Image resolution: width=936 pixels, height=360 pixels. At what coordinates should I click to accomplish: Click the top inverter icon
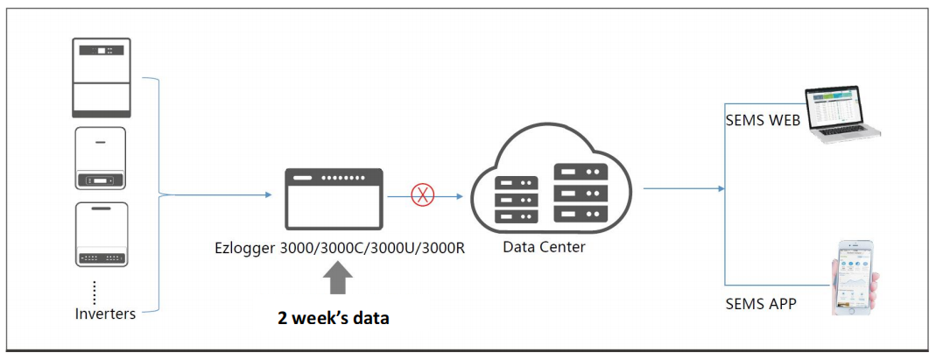pyautogui.click(x=101, y=77)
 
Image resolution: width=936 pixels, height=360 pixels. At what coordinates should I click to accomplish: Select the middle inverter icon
pyautogui.click(x=100, y=159)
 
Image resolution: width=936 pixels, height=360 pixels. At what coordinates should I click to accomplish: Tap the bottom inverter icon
pyautogui.click(x=102, y=234)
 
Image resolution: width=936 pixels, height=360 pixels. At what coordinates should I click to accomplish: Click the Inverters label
pyautogui.click(x=104, y=314)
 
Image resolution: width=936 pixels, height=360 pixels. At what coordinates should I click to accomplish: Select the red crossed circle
pyautogui.click(x=423, y=195)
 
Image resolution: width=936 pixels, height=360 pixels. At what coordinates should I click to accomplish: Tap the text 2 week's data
pyautogui.click(x=334, y=319)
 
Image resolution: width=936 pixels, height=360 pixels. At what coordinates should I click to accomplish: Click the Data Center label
pyautogui.click(x=544, y=247)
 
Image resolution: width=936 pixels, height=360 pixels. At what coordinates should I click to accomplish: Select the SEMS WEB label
pyautogui.click(x=763, y=122)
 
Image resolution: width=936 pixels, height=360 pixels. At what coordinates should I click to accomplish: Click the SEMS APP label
pyautogui.click(x=761, y=304)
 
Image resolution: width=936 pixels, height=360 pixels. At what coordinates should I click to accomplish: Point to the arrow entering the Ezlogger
pyautogui.click(x=266, y=194)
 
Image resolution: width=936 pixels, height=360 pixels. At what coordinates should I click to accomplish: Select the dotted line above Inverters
pyautogui.click(x=94, y=290)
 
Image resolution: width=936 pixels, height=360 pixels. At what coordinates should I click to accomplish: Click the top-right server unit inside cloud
pyautogui.click(x=581, y=173)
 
